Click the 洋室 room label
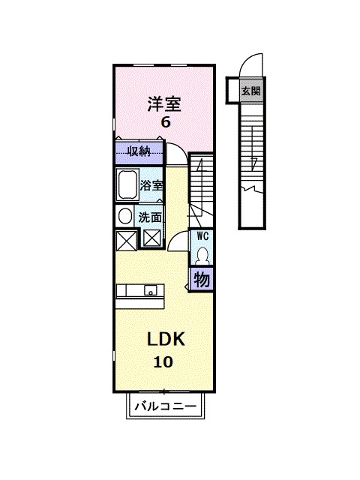[x=164, y=104]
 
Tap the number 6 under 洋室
[x=166, y=122]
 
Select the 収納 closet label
[x=139, y=151]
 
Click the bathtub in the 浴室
[x=127, y=184]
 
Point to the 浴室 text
[x=151, y=185]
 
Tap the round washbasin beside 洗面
[x=124, y=217]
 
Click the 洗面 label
[x=150, y=217]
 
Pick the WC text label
[x=202, y=236]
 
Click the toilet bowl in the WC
[x=202, y=256]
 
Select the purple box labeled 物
[x=202, y=279]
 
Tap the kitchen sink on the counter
[x=150, y=290]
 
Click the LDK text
[x=166, y=339]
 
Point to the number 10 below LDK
[x=163, y=362]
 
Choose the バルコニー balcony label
[x=166, y=406]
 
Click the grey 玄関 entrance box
[x=250, y=91]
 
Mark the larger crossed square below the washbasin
[x=127, y=241]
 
